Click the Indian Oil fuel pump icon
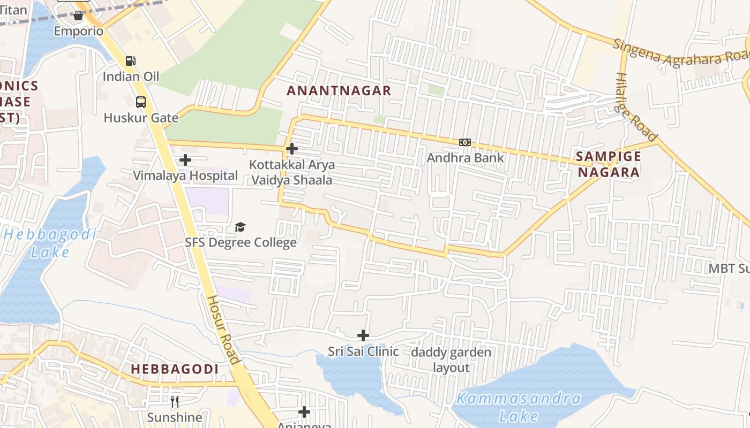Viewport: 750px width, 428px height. click(x=130, y=61)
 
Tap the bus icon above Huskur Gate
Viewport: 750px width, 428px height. click(x=141, y=102)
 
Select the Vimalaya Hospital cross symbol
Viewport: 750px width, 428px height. click(x=185, y=160)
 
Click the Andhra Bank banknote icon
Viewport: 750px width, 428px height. click(x=464, y=142)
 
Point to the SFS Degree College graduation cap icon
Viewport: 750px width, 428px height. click(x=240, y=227)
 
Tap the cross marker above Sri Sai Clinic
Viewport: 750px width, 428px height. click(x=363, y=335)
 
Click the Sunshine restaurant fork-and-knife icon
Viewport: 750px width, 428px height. click(x=175, y=402)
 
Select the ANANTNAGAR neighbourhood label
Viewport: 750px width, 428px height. click(x=339, y=90)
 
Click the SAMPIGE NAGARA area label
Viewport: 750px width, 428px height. click(x=608, y=164)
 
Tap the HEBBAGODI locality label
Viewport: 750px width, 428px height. click(x=175, y=369)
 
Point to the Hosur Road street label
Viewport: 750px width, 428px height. click(x=223, y=330)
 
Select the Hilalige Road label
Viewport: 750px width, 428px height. click(x=636, y=107)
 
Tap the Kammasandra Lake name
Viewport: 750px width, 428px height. click(x=519, y=407)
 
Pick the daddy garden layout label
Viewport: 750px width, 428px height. click(x=451, y=360)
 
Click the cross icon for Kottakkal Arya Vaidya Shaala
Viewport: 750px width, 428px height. click(x=292, y=149)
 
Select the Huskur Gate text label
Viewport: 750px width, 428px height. click(x=141, y=118)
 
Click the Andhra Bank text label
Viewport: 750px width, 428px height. click(x=465, y=158)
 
